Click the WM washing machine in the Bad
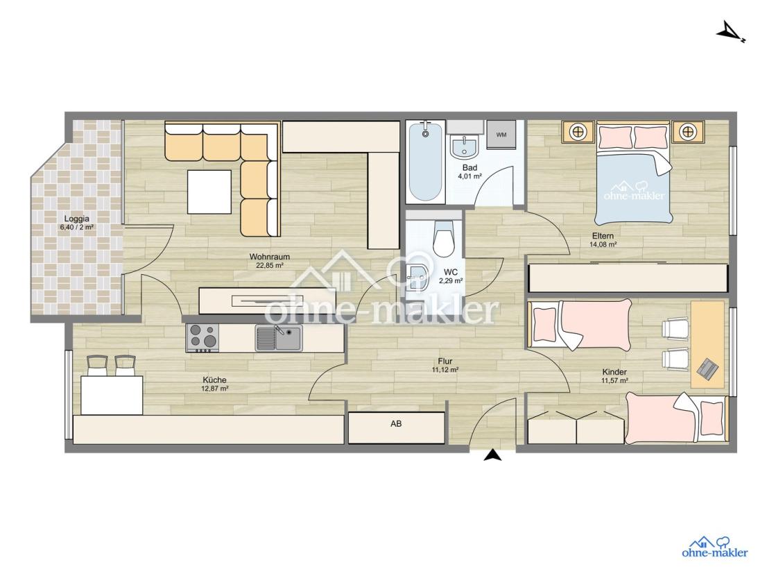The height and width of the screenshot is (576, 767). (501, 135)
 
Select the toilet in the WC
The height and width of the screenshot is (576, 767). (444, 238)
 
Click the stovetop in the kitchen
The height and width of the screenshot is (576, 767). (202, 338)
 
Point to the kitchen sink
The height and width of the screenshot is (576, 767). (278, 338)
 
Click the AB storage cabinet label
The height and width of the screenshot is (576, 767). (396, 424)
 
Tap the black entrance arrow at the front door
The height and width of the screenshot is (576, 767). (493, 455)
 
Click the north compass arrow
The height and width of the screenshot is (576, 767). (730, 33)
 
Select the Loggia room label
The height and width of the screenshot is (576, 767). (77, 219)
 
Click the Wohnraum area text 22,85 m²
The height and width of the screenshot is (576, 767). (270, 265)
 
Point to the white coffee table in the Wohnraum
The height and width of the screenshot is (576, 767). (209, 192)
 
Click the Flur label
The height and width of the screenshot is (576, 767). (445, 361)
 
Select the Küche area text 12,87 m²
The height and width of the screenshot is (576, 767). (215, 389)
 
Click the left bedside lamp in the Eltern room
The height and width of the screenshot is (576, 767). (578, 132)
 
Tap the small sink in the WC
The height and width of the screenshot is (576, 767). (417, 277)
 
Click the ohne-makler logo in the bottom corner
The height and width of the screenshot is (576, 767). (715, 547)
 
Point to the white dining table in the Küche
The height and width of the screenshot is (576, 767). (112, 395)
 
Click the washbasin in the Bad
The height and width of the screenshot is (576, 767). (464, 145)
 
